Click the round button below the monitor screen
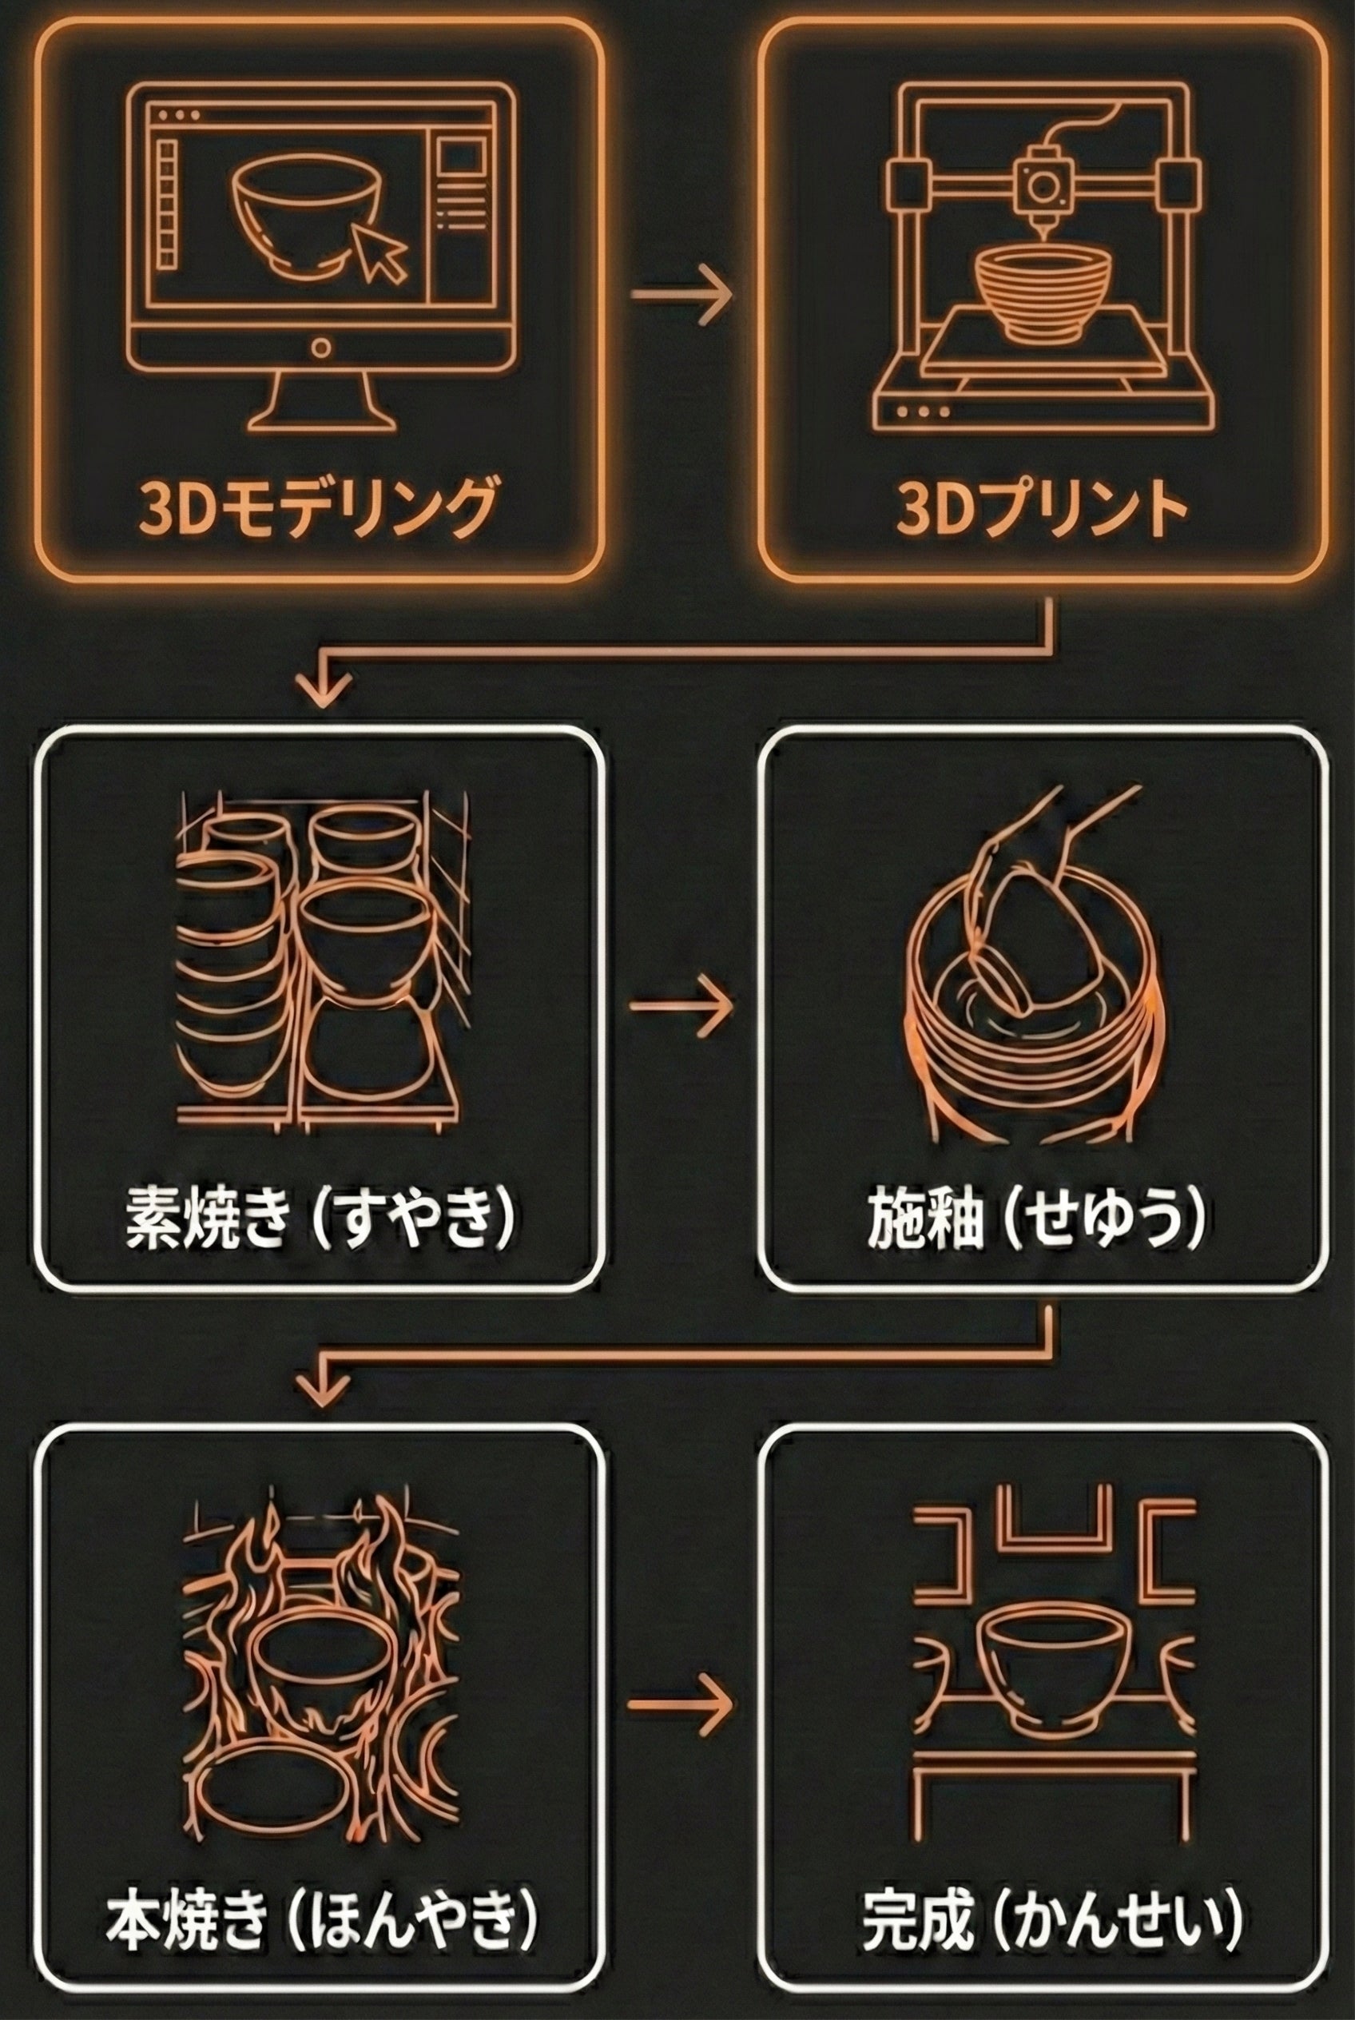point(320,349)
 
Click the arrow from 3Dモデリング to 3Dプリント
point(681,294)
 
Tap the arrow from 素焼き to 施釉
point(681,1006)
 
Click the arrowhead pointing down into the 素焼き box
point(322,687)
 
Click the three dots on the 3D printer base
point(924,412)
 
